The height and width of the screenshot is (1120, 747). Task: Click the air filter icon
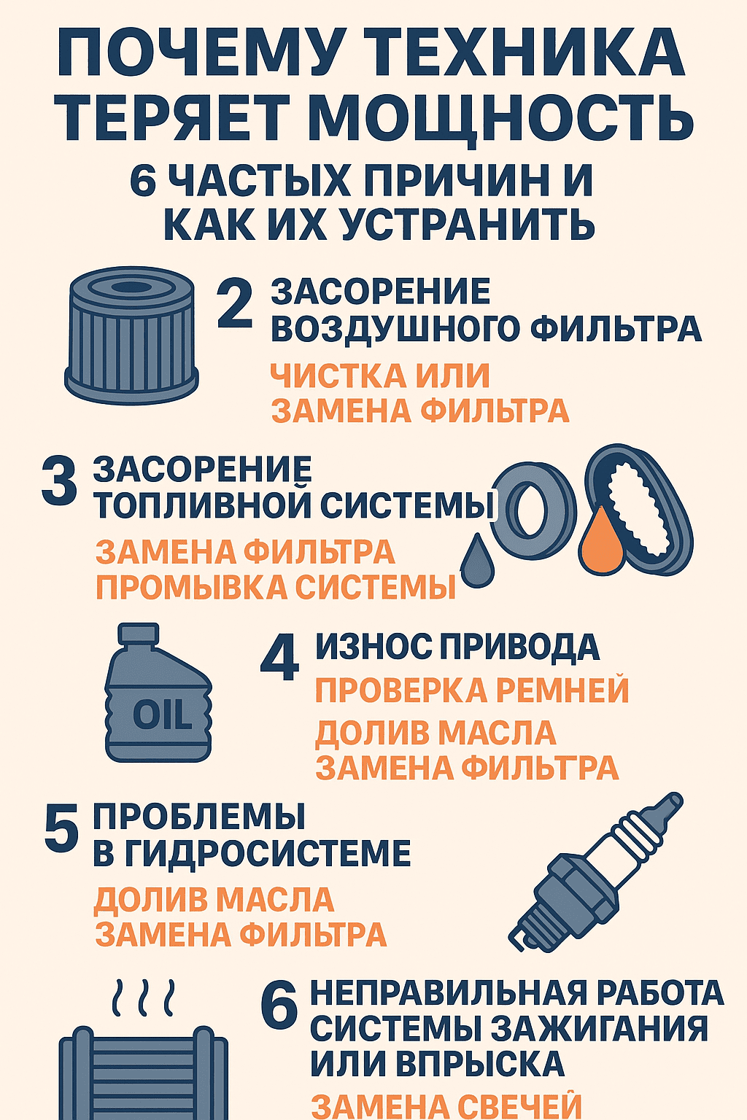coord(132,335)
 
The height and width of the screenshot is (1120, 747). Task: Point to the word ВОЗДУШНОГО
coord(395,329)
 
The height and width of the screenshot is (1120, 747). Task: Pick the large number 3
coord(59,482)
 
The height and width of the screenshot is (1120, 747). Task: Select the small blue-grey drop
coord(476,560)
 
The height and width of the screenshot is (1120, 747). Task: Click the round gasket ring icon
coord(533,510)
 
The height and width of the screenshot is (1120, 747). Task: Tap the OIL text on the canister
coord(162,715)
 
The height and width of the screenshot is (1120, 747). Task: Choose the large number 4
coord(279,657)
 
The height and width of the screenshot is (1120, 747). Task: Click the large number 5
coord(61,829)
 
